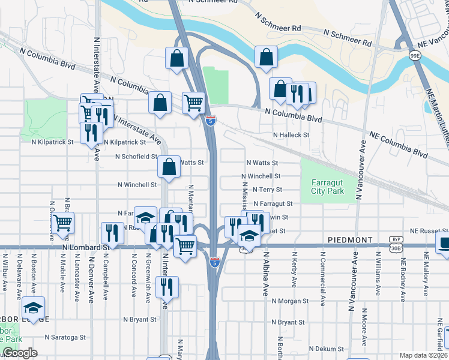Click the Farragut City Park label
click(x=328, y=187)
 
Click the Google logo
click(x=20, y=353)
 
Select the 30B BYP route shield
click(x=395, y=242)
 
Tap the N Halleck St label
click(x=291, y=136)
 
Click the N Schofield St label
click(x=136, y=157)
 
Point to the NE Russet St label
click(x=429, y=231)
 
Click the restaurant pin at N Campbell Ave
click(x=112, y=233)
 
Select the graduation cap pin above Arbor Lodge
click(x=32, y=309)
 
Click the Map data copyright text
click(x=424, y=355)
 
